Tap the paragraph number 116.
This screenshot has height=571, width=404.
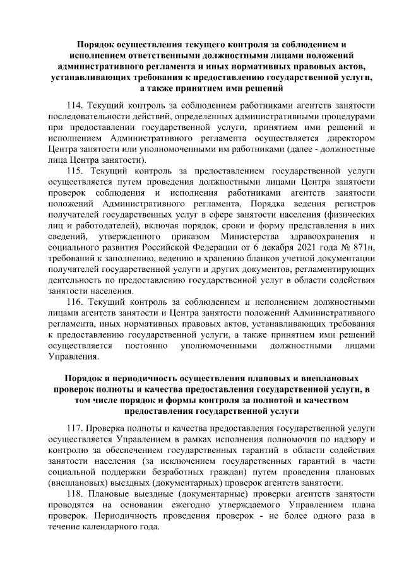click(75, 302)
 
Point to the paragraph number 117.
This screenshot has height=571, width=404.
click(75, 427)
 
